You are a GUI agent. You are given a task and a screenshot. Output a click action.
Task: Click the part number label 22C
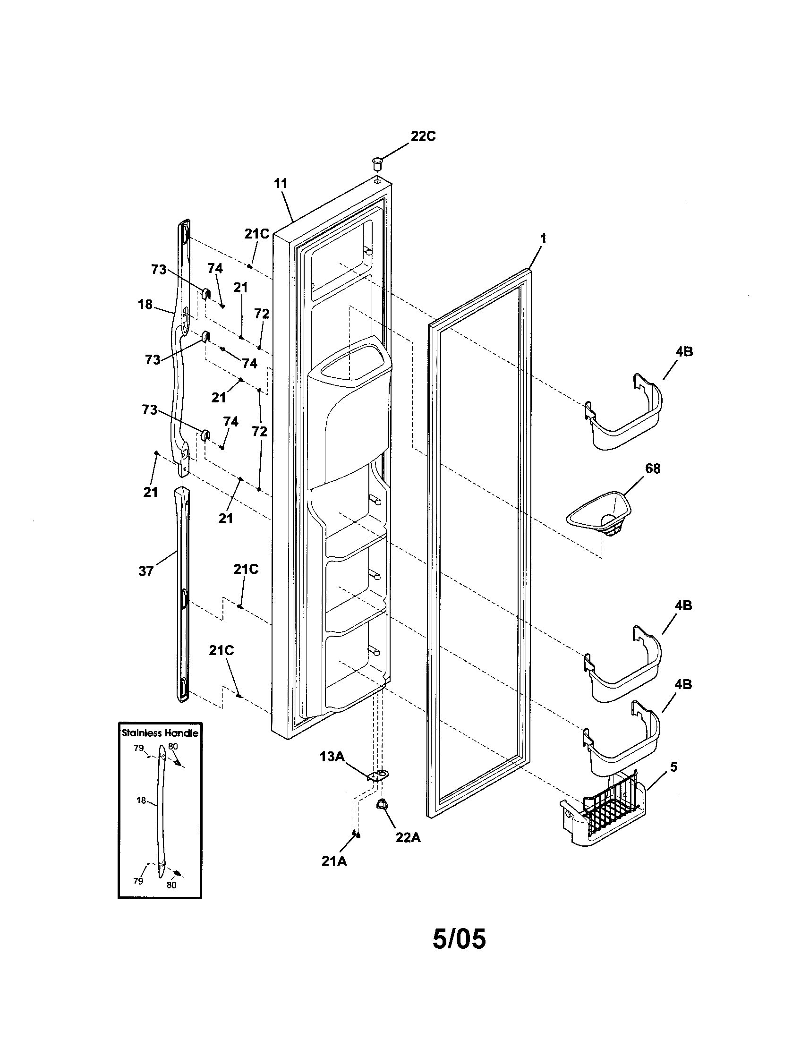pos(423,136)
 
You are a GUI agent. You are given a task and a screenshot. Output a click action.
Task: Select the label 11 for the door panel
pos(281,184)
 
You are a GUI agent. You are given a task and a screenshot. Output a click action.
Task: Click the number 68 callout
pos(653,468)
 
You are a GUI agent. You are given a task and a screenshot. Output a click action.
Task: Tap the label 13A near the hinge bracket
pos(332,757)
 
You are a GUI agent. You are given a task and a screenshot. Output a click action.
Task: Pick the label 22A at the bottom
pos(408,838)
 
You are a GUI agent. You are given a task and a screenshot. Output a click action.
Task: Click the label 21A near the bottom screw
pos(334,861)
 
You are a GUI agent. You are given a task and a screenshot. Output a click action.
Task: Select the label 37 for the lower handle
pos(146,571)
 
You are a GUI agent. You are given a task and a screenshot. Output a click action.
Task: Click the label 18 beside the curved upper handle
pos(145,305)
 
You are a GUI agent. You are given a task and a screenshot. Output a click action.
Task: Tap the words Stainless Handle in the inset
pos(160,733)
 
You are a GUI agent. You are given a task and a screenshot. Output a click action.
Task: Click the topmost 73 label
pos(158,270)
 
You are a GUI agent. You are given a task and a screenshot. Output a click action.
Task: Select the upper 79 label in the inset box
pos(138,749)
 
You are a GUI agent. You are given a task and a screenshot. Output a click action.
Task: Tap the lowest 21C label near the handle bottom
pos(221,651)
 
